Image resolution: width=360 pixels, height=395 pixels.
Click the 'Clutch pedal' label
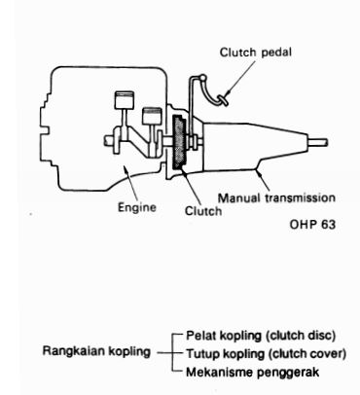click(x=256, y=53)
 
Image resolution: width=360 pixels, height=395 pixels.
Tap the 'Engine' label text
click(x=137, y=207)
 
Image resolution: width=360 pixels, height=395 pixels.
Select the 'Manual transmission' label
click(x=276, y=197)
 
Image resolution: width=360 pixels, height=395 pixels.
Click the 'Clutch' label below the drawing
click(x=203, y=211)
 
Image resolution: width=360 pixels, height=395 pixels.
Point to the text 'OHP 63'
click(x=312, y=225)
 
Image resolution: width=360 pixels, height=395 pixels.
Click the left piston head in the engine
click(x=125, y=100)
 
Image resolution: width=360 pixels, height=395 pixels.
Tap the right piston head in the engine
click(x=152, y=116)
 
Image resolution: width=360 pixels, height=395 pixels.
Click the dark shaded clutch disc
click(x=179, y=142)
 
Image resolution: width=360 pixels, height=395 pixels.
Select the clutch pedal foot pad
click(x=223, y=99)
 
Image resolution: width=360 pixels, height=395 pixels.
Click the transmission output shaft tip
click(x=326, y=142)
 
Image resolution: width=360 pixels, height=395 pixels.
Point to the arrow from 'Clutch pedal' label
click(x=241, y=78)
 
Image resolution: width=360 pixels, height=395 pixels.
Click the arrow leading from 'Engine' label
click(x=130, y=183)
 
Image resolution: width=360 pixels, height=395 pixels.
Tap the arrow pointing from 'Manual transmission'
click(x=263, y=180)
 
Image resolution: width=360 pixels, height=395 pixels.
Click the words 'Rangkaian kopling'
click(x=96, y=351)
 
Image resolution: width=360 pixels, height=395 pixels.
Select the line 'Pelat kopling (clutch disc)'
click(x=261, y=336)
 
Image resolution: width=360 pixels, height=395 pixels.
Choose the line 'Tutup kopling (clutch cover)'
click(x=266, y=353)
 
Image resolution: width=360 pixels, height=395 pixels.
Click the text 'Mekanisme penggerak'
click(x=253, y=372)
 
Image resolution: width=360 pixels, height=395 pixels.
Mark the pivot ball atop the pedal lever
click(x=202, y=78)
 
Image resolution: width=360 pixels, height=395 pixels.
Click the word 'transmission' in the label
click(x=300, y=197)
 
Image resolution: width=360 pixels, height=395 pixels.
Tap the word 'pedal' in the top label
click(x=276, y=53)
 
